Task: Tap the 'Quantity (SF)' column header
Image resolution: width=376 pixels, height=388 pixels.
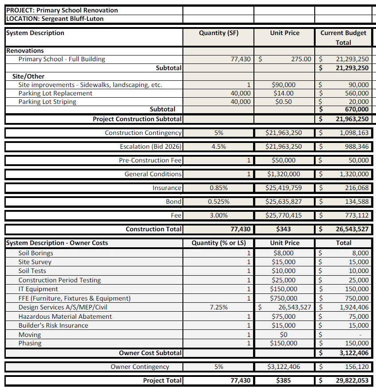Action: [x=218, y=33]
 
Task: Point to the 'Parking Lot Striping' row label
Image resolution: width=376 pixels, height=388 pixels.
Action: [x=47, y=102]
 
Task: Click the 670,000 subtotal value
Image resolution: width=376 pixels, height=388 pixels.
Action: [x=356, y=109]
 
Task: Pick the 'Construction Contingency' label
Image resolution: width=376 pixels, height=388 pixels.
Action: [x=143, y=133]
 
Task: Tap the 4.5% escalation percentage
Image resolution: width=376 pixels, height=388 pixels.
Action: [x=218, y=146]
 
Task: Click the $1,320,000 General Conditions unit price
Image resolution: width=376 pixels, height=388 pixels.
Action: [x=284, y=174]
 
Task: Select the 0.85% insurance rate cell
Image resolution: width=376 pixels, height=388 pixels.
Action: [x=218, y=188]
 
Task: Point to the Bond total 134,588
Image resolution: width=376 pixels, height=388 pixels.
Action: [x=356, y=202]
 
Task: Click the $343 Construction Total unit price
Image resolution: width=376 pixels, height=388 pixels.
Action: [x=284, y=229]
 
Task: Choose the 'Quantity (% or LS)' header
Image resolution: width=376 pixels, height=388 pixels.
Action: [x=218, y=243]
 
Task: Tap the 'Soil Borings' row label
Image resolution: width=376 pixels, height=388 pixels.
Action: [x=36, y=253]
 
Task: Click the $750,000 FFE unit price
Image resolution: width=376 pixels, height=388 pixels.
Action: [x=284, y=298]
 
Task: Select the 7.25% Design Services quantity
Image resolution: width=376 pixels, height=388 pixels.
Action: [x=218, y=307]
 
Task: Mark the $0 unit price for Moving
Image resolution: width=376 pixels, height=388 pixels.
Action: [x=284, y=334]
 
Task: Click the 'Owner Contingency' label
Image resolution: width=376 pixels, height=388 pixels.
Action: [x=140, y=367]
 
